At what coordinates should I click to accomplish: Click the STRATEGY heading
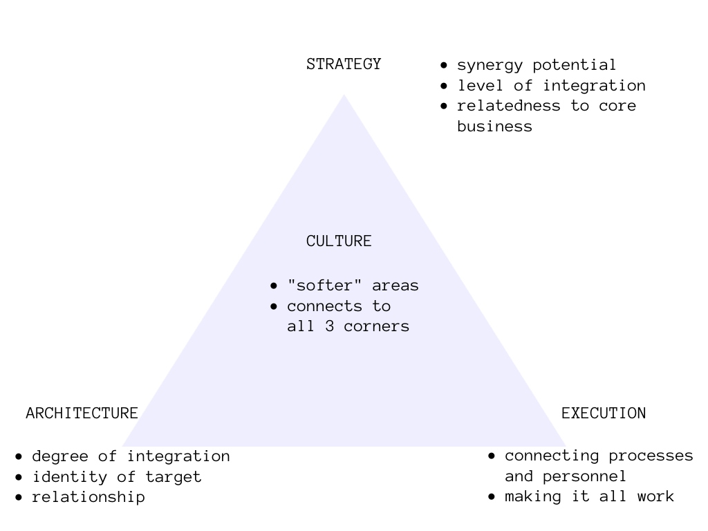click(x=344, y=64)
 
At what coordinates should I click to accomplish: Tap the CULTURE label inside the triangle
click(x=339, y=241)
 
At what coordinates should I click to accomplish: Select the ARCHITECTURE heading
click(x=82, y=413)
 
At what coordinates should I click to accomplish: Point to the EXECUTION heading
click(x=603, y=413)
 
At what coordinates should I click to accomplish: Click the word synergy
click(x=490, y=66)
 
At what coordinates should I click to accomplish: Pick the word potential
click(x=575, y=65)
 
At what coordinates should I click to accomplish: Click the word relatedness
click(x=509, y=106)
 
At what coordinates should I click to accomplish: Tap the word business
click(x=495, y=126)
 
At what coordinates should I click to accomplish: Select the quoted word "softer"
click(x=325, y=285)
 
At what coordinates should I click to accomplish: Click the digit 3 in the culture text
click(x=330, y=326)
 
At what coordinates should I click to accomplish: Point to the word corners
click(x=377, y=326)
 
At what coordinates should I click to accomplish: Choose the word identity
click(x=70, y=477)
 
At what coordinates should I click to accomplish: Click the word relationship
click(x=88, y=497)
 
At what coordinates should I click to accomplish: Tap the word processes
click(x=651, y=456)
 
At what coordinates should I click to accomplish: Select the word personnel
click(x=584, y=477)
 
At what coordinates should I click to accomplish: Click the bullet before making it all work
click(x=492, y=497)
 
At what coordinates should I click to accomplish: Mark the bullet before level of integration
click(x=444, y=86)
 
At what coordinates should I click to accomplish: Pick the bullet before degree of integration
click(x=19, y=456)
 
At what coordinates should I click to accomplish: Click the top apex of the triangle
click(x=344, y=94)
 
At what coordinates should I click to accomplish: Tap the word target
click(x=173, y=477)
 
